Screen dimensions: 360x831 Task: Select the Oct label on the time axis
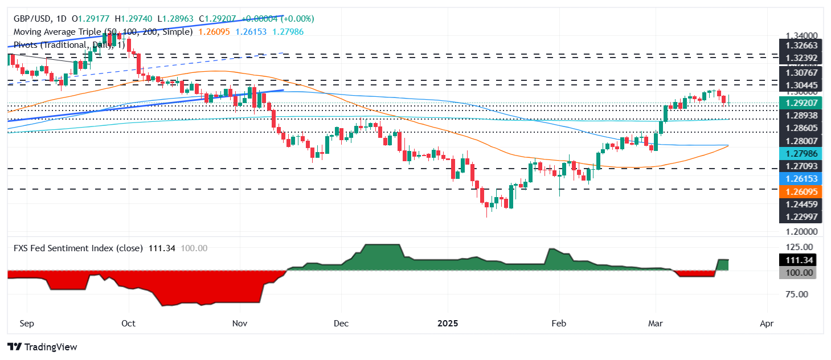(129, 324)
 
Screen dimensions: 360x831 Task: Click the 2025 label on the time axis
(448, 324)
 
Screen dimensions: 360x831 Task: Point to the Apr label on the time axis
(767, 324)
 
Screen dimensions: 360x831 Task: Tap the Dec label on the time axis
(341, 324)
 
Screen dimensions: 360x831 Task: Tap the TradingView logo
(42, 346)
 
